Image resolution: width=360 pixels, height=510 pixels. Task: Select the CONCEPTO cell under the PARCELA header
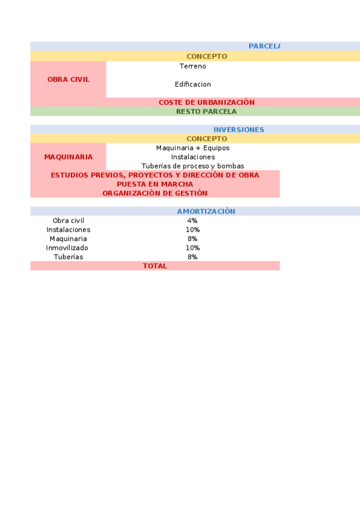(206, 57)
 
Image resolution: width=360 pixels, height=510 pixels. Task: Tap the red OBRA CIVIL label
(69, 79)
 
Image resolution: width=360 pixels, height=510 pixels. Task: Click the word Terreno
(192, 66)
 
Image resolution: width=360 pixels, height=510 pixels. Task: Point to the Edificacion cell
(193, 84)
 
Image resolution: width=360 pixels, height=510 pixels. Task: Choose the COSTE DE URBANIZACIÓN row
(206, 102)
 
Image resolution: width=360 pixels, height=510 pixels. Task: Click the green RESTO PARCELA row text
(206, 111)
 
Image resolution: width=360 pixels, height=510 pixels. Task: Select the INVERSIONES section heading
(239, 130)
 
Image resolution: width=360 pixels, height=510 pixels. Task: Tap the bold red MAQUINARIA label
(69, 157)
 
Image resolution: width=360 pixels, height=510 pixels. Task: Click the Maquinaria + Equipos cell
(192, 148)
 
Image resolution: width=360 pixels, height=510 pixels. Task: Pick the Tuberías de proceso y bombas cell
(192, 166)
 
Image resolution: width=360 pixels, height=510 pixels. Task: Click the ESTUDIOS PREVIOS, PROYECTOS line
(154, 175)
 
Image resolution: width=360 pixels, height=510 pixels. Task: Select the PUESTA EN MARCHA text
(154, 184)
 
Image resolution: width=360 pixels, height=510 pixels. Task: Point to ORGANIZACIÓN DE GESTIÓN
(154, 193)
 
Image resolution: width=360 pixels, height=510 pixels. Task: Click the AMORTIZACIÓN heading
(206, 212)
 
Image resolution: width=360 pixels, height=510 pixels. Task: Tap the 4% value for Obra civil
(192, 221)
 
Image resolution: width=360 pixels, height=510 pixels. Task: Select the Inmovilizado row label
(67, 248)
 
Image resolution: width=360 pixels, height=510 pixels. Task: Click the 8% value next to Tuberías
(192, 257)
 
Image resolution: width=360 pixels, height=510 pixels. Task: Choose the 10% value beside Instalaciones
(192, 230)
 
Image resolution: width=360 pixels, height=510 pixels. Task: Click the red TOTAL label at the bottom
(154, 266)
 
